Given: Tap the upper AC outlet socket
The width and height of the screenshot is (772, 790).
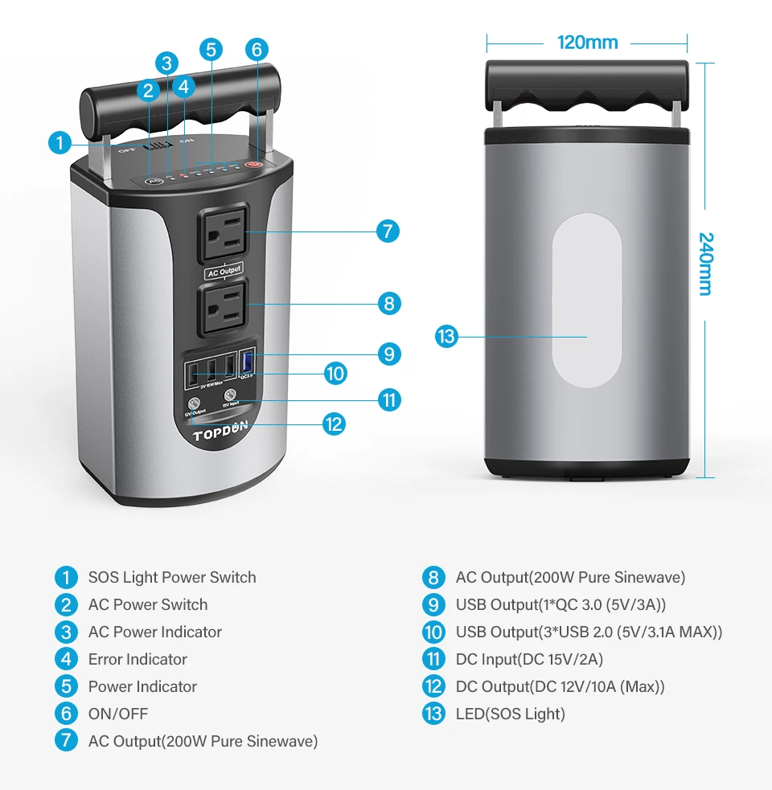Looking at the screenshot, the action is click(x=222, y=232).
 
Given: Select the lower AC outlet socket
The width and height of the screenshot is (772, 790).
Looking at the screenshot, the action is click(x=223, y=305).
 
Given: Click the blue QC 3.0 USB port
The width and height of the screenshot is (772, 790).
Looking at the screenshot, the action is click(x=248, y=362).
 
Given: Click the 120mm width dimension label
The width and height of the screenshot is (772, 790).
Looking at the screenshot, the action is click(x=587, y=42).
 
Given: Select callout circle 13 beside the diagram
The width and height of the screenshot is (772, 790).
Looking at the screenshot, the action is click(x=446, y=336).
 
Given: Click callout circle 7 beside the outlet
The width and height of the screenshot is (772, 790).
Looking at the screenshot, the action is click(x=388, y=232).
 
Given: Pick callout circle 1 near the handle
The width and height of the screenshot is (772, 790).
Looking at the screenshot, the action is click(x=59, y=144).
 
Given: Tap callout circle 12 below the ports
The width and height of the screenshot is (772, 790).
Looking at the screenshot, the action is click(x=334, y=424).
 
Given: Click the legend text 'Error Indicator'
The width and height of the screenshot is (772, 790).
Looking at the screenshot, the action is click(x=138, y=659).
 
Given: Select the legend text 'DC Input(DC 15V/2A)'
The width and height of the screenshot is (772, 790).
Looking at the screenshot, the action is click(x=529, y=659).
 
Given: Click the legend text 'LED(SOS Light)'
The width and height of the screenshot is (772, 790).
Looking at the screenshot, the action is click(x=510, y=714).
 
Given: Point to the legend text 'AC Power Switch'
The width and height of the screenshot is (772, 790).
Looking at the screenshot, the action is click(x=148, y=604).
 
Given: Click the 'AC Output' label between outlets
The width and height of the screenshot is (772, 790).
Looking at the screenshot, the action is click(x=224, y=271).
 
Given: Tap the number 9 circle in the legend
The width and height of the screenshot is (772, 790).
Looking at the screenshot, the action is click(x=433, y=604).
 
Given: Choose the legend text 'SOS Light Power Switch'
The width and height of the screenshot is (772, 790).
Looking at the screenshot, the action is click(x=172, y=577).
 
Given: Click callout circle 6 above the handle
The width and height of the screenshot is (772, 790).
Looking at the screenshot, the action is click(x=257, y=49).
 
